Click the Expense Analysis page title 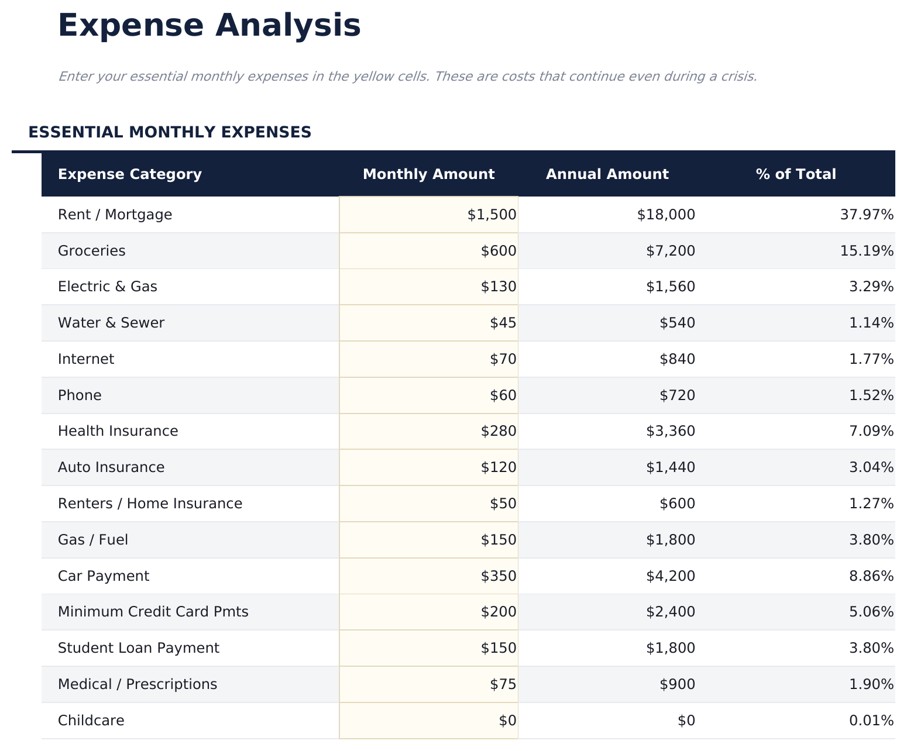click(x=209, y=26)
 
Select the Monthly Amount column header click(x=428, y=174)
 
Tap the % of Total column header click(x=795, y=174)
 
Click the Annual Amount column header click(x=607, y=174)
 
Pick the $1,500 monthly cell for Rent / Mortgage click(x=492, y=215)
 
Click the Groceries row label click(x=92, y=251)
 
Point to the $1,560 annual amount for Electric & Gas click(x=671, y=287)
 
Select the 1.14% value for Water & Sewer click(x=871, y=323)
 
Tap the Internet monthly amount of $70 click(x=503, y=359)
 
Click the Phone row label click(x=80, y=395)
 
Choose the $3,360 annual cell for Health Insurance click(x=671, y=431)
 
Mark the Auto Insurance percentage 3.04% click(x=871, y=467)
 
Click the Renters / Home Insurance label click(x=150, y=504)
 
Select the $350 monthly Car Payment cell click(x=499, y=576)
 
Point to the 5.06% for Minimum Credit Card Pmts click(x=871, y=612)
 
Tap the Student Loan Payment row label click(x=139, y=648)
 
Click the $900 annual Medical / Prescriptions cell click(x=678, y=684)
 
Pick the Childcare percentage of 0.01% click(x=871, y=721)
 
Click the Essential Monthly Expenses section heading click(x=170, y=132)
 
